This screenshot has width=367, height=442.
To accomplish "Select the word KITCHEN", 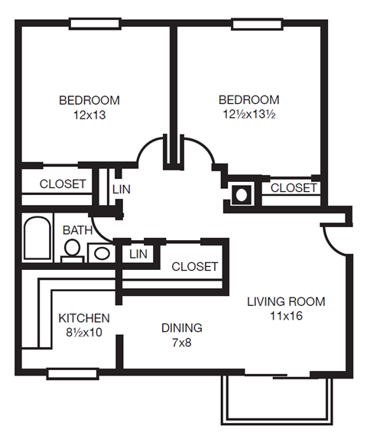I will (84, 318).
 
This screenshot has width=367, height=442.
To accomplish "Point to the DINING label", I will (181, 328).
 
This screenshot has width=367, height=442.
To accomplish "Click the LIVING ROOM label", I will (286, 301).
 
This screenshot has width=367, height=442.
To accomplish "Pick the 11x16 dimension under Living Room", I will (286, 315).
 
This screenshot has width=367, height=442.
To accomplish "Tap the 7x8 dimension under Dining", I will (181, 342).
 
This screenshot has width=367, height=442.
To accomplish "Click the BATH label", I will (77, 230).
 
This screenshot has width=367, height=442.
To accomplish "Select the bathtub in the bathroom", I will (35, 239).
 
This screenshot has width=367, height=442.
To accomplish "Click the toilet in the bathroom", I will (72, 249).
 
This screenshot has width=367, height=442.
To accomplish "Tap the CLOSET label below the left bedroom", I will (63, 184).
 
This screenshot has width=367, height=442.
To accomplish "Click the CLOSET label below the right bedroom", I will (294, 187).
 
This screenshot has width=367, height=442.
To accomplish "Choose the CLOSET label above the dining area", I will (195, 266).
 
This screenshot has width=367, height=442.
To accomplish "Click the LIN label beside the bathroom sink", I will (138, 253).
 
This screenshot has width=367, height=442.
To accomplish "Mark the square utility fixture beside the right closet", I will (242, 194).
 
